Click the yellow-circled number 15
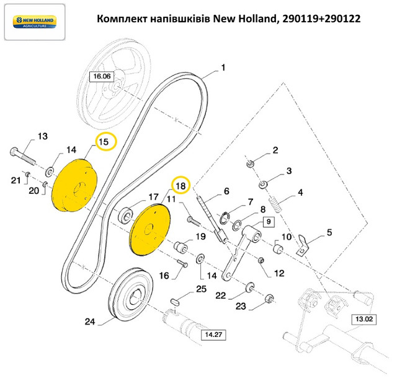pos(105,142)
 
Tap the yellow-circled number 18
pos(180,185)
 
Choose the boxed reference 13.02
pos(364,320)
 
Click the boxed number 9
pos(268,221)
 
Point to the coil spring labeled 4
pos(277,204)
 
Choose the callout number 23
pos(241,305)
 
